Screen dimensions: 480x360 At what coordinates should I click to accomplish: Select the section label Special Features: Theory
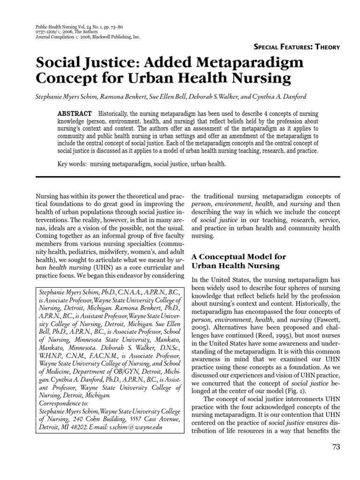pos(296,46)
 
